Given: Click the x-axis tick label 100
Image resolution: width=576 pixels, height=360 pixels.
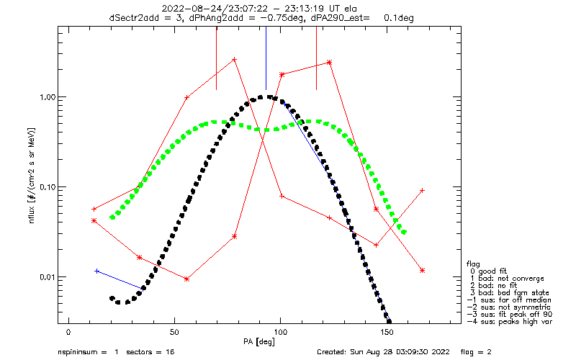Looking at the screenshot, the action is [280, 333].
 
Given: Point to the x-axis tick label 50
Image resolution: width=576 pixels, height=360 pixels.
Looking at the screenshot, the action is [174, 333].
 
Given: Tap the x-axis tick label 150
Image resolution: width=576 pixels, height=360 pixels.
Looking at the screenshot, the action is [387, 333].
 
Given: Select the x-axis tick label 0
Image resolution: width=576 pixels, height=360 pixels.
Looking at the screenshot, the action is [68, 333].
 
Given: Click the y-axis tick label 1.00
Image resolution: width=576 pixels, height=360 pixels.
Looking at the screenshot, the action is [47, 97].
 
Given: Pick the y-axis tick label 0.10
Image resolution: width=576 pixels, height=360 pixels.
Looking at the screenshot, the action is [47, 187].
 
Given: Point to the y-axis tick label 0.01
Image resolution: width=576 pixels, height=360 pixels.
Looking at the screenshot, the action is [47, 277].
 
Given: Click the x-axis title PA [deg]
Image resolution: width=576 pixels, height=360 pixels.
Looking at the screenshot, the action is [259, 341].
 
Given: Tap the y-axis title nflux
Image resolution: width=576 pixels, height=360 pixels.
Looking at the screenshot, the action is [32, 214].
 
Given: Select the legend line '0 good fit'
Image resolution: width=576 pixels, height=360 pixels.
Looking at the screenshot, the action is [489, 271].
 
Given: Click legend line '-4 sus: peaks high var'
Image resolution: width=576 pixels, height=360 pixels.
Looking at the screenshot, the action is [510, 321].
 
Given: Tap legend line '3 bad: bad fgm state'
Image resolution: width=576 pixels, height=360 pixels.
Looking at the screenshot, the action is [510, 293].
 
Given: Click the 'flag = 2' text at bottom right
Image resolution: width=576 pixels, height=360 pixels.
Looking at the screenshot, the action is [476, 352].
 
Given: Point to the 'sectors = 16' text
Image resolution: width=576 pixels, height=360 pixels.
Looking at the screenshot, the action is [150, 352].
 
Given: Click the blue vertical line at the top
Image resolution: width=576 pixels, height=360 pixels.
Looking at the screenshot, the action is [266, 58].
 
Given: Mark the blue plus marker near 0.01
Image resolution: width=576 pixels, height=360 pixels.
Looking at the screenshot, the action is [96, 271].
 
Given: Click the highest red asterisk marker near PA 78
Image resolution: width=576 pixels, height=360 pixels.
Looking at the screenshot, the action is [235, 59].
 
